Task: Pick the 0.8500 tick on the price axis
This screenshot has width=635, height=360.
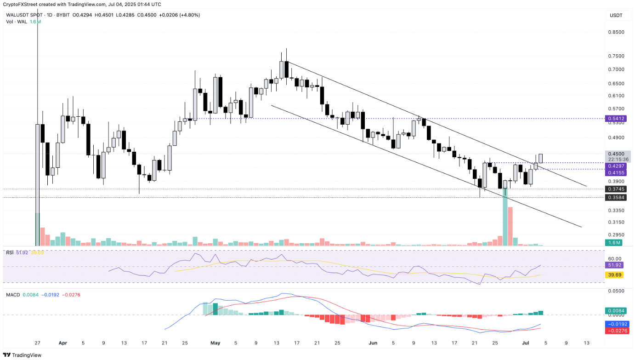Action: tap(616, 32)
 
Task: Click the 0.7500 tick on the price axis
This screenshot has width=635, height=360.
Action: tap(616, 56)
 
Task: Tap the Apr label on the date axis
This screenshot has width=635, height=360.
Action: tap(63, 343)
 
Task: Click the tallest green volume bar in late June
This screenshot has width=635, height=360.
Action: tap(505, 216)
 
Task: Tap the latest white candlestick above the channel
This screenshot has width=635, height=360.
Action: tap(541, 158)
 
